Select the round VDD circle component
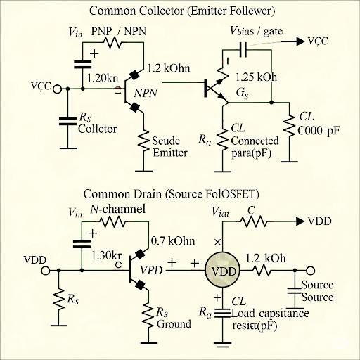coord(222,271)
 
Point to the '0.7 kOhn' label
coord(173,240)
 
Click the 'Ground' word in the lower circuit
coord(174,324)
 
